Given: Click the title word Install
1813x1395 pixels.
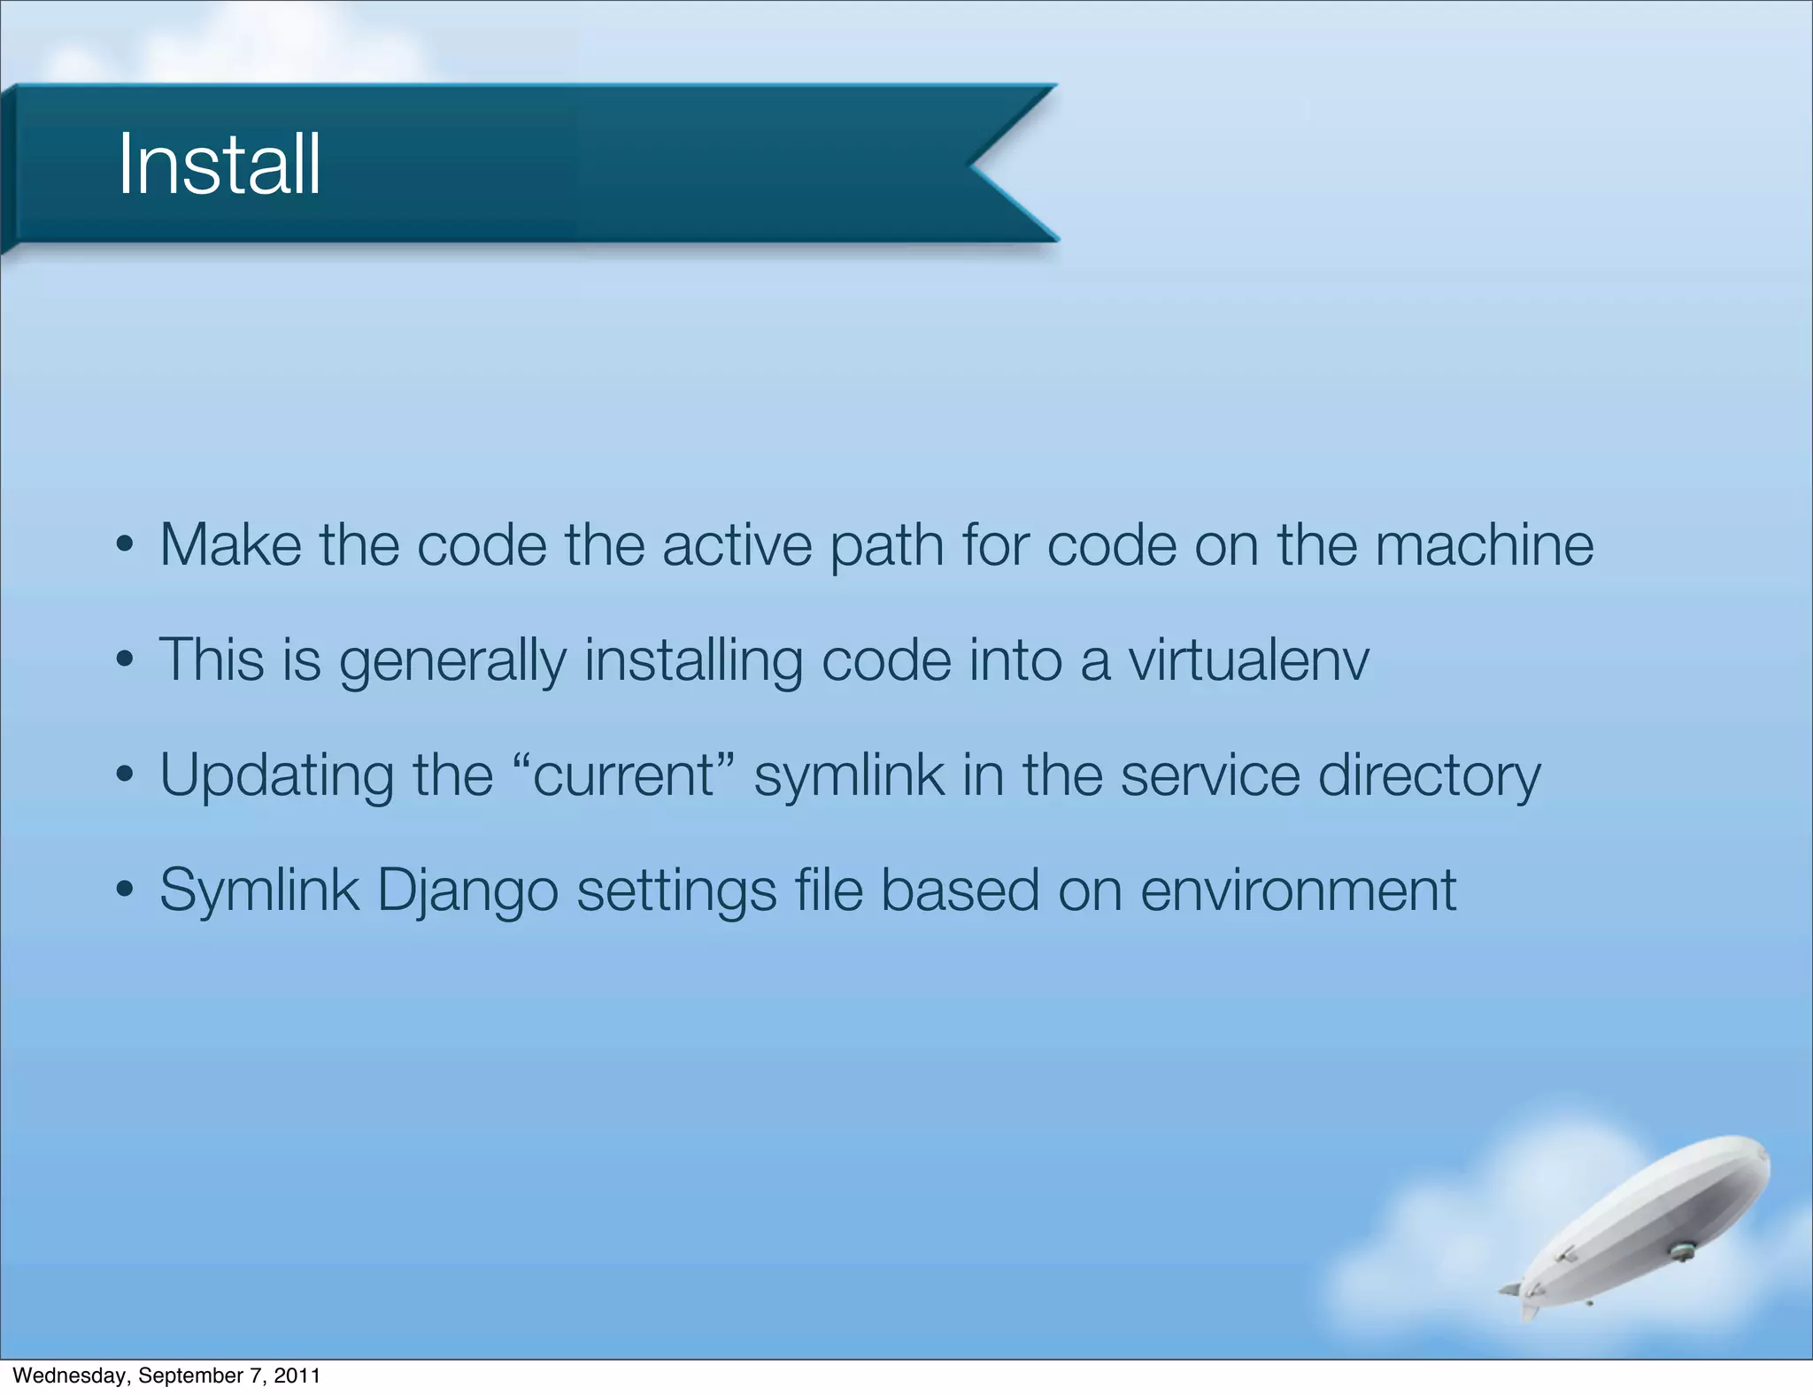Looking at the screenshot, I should pyautogui.click(x=219, y=165).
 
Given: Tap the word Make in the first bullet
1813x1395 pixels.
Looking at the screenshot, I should pyautogui.click(x=230, y=544).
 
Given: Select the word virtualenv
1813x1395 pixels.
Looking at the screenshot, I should pyautogui.click(x=1248, y=660).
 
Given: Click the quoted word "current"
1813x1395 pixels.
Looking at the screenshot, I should pyautogui.click(x=623, y=775).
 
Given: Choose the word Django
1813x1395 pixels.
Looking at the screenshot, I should pyautogui.click(x=467, y=890).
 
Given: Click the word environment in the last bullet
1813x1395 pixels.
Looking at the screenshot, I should pyautogui.click(x=1298, y=890).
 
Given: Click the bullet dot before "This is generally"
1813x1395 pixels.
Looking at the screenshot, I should pyautogui.click(x=125, y=660).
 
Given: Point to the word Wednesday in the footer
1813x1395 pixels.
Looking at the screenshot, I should pyautogui.click(x=71, y=1376).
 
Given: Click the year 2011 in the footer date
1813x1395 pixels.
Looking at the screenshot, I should pyautogui.click(x=297, y=1376).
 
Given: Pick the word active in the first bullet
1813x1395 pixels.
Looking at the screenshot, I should pyautogui.click(x=737, y=544).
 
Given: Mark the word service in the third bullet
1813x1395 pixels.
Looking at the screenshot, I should pyautogui.click(x=1210, y=775).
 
